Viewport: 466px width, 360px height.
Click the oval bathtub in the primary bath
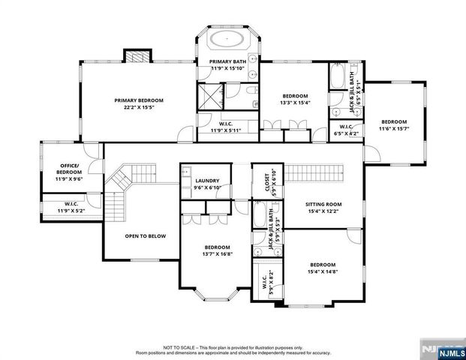click(x=224, y=39)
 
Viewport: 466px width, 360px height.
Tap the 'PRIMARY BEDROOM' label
click(x=138, y=100)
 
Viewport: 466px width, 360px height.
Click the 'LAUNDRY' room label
click(x=206, y=181)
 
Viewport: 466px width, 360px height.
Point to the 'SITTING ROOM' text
click(x=323, y=204)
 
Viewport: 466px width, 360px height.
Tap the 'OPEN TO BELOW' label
click(x=145, y=236)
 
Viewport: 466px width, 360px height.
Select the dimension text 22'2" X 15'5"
click(x=138, y=107)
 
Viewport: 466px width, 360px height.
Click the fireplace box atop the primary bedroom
click(x=137, y=57)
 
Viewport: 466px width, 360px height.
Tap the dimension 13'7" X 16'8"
click(x=218, y=253)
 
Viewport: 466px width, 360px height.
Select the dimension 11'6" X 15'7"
click(x=393, y=129)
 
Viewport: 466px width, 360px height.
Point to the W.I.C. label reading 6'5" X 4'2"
click(x=346, y=130)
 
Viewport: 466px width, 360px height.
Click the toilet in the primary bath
click(x=250, y=91)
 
